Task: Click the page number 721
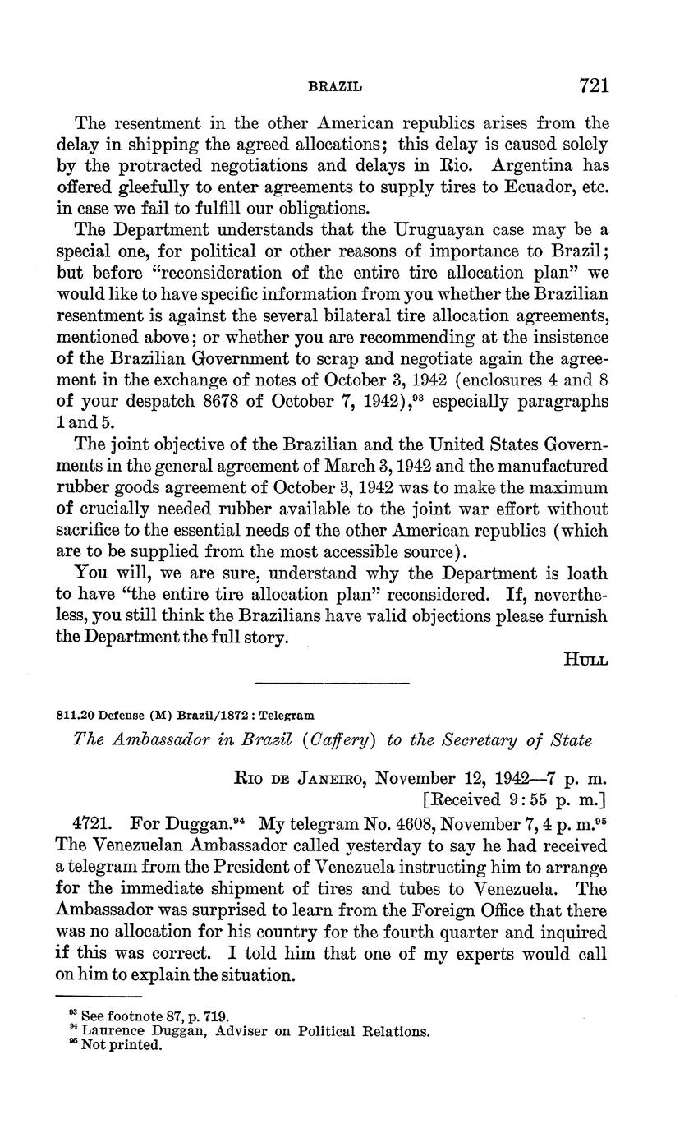tap(594, 85)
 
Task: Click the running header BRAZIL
tap(335, 86)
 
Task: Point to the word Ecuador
tap(538, 187)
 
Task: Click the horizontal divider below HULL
tap(332, 683)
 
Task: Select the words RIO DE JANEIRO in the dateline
tap(300, 778)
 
